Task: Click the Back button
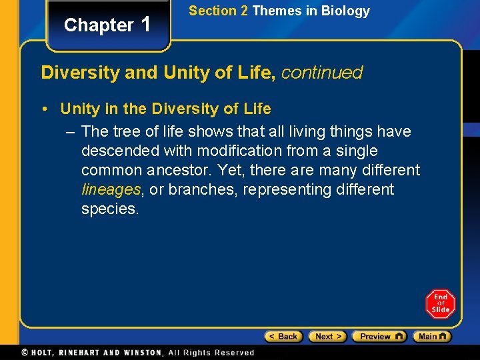tap(283, 337)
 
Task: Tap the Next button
tap(327, 337)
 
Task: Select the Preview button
tap(379, 337)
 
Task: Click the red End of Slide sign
tap(441, 304)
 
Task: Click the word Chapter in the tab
tap(99, 25)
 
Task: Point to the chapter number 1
tap(147, 24)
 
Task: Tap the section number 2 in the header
tap(244, 11)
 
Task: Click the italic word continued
tap(322, 73)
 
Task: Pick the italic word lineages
tap(111, 189)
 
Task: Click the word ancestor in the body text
tap(182, 170)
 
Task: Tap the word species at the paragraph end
tap(109, 209)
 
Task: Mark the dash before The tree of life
tap(71, 131)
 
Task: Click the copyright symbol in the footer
tap(25, 352)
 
